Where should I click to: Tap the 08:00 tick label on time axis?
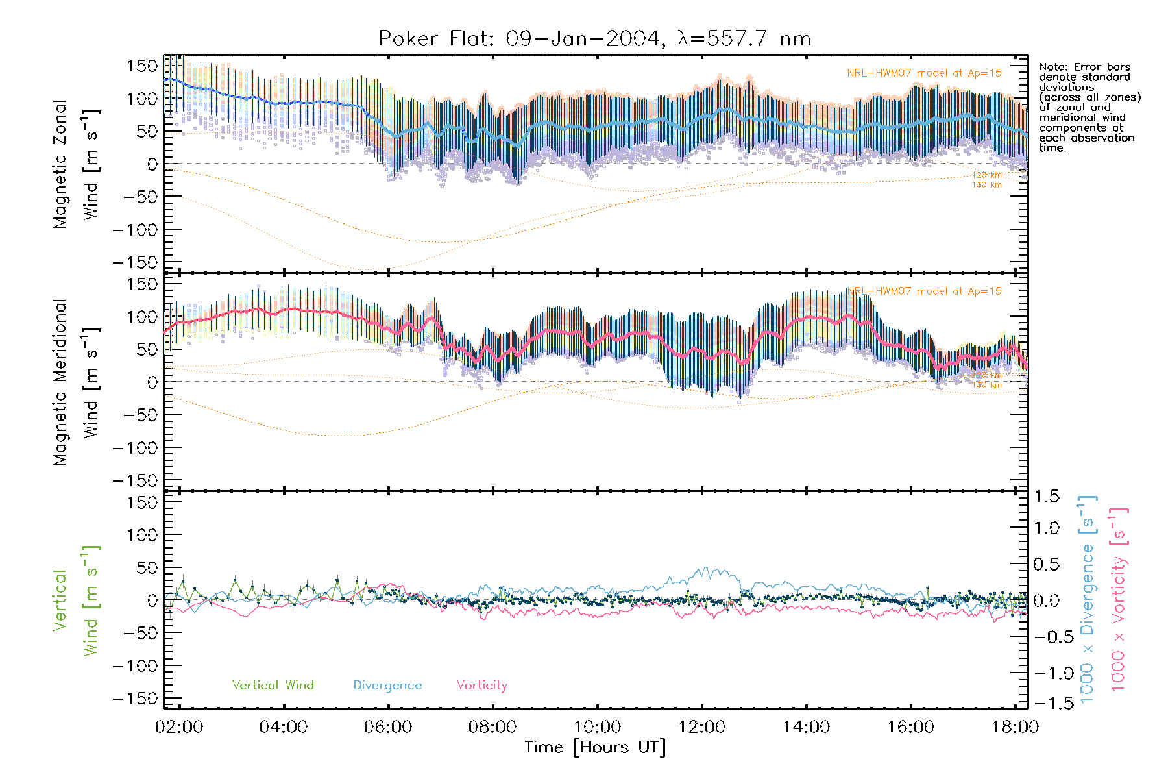[493, 727]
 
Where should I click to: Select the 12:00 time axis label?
[701, 727]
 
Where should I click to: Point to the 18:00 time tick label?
[1015, 727]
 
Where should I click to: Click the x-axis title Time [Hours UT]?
[595, 747]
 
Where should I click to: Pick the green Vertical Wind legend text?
[273, 686]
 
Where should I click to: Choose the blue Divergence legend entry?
[387, 686]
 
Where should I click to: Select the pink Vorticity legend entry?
[481, 686]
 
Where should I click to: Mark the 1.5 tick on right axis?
[1047, 497]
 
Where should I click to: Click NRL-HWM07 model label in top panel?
[924, 73]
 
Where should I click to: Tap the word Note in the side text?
[1052, 67]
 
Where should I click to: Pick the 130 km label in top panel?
[986, 185]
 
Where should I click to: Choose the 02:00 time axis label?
[179, 727]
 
